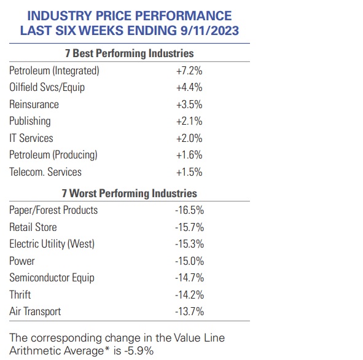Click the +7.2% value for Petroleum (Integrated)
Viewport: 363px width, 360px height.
(189, 71)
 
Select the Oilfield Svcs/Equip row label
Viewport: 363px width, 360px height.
(47, 87)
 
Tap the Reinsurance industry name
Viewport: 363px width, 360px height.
(34, 104)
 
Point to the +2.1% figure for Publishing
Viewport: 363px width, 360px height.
(189, 121)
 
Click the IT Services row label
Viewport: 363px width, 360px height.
(31, 138)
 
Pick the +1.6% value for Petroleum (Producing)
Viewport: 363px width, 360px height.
(189, 155)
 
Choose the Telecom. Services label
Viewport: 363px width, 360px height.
(45, 172)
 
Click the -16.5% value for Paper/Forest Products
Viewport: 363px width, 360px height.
(189, 210)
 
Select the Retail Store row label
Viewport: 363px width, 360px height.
(33, 227)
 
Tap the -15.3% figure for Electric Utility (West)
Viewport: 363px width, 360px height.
(189, 244)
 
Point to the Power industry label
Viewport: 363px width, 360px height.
(22, 261)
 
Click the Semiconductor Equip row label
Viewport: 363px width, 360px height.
(52, 278)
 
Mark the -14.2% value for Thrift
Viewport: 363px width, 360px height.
(189, 295)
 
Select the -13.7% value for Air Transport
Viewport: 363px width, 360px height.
(189, 311)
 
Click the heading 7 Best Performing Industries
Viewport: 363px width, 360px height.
(130, 53)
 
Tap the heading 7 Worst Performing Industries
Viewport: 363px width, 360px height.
(130, 194)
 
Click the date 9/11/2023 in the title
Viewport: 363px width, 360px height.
(209, 31)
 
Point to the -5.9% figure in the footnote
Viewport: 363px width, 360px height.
(139, 351)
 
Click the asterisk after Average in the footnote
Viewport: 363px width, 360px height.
(107, 348)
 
